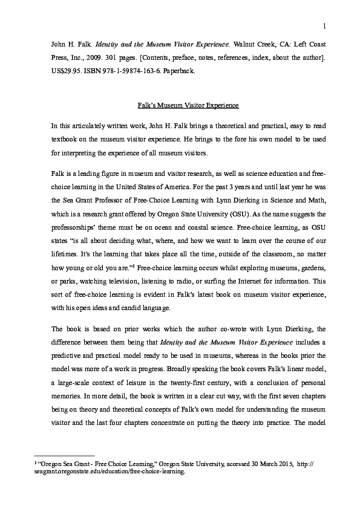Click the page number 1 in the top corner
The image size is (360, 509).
tap(324, 25)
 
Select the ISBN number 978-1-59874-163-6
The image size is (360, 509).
tap(141, 71)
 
